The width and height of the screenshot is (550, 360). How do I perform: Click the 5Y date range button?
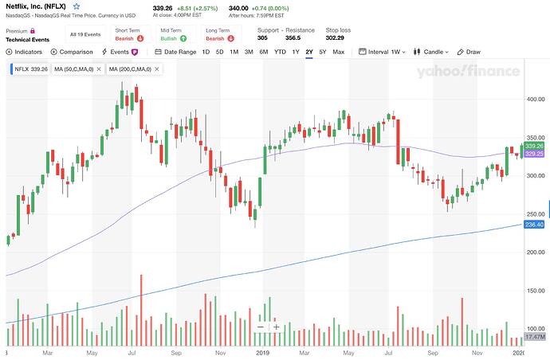(x=322, y=52)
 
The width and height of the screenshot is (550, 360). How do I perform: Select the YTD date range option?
(x=280, y=52)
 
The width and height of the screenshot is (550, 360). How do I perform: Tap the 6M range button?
(x=264, y=52)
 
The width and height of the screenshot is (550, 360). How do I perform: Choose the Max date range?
(x=338, y=52)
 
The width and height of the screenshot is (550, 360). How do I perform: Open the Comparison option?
(x=72, y=52)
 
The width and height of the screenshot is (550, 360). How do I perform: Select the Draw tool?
(x=469, y=52)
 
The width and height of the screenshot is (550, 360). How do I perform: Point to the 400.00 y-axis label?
(x=535, y=99)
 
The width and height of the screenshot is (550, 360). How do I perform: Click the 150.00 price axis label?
(x=535, y=291)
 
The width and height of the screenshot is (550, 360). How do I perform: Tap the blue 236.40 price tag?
(x=534, y=225)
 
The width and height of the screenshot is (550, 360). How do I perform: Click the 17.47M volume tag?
(x=534, y=338)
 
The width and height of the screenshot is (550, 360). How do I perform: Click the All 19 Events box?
(x=84, y=34)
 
